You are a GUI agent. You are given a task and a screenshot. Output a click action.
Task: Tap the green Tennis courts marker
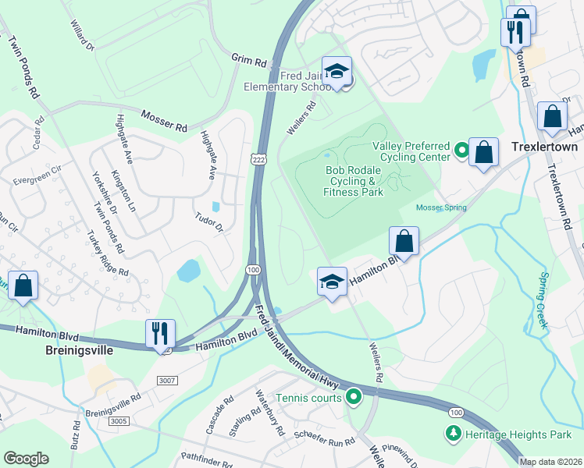[x=354, y=398]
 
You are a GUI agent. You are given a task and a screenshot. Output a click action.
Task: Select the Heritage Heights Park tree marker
[x=452, y=433]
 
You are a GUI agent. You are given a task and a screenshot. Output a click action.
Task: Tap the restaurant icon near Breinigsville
[x=160, y=335]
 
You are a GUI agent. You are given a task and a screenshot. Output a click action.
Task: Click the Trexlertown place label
[x=543, y=147]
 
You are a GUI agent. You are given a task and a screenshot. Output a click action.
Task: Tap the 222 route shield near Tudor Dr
[x=257, y=159]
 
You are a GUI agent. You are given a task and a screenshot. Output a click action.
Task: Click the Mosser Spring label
[x=441, y=207]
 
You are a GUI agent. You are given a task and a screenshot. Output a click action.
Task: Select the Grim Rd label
[x=249, y=60]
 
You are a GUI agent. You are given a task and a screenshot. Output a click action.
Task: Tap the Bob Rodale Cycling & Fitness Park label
[x=354, y=181]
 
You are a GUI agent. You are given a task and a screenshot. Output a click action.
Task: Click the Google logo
[x=26, y=458]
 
